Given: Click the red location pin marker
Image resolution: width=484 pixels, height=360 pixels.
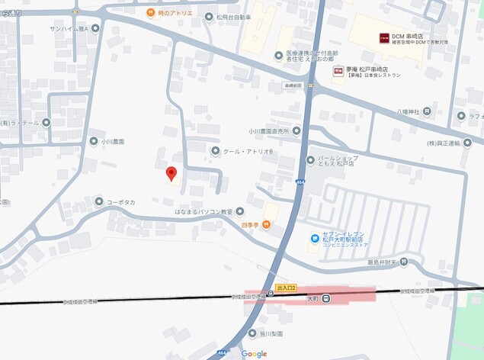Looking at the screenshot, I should pos(172,173).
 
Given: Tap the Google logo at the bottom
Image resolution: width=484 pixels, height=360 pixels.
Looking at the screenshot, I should pos(254,353).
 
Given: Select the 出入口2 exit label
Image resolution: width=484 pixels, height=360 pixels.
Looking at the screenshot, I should pos(286,288).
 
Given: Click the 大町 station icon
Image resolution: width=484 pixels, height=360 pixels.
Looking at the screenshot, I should pos(325,298).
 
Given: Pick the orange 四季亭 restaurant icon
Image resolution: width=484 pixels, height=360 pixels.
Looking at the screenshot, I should pos(268,224).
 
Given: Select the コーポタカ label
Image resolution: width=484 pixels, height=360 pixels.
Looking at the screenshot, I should pos(120,201).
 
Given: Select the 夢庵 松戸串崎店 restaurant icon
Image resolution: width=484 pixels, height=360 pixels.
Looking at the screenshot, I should pos(338,71).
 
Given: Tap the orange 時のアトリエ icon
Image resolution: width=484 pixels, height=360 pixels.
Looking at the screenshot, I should pos(151,13).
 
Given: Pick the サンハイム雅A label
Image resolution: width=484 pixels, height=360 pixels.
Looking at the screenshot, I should pos(69,28).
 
